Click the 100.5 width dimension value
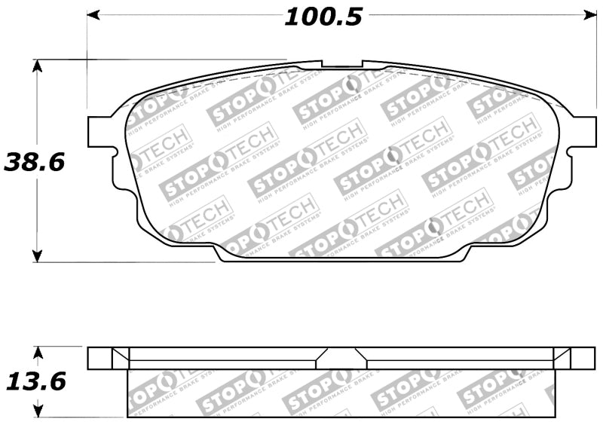[323, 16]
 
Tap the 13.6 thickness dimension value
[36, 381]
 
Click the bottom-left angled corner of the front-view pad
[220, 255]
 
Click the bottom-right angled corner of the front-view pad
[461, 255]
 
